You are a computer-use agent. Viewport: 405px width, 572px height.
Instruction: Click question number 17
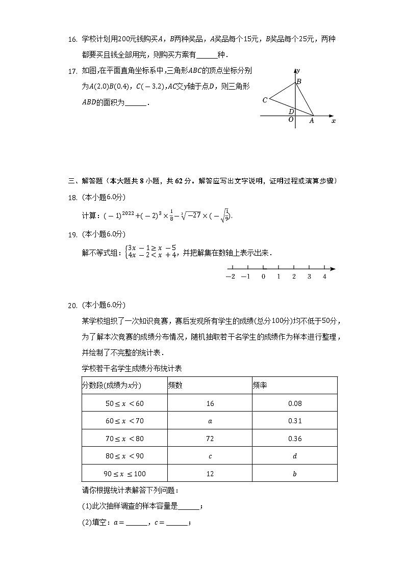pos(72,71)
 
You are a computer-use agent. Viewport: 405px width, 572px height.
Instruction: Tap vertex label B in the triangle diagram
pos(299,81)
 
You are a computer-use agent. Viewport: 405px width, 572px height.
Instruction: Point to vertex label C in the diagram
pos(265,100)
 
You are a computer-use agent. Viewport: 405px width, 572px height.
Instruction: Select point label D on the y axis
pos(291,112)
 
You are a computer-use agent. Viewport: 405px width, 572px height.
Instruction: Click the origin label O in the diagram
pos(291,120)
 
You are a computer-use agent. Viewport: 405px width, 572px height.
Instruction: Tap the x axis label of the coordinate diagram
pos(334,121)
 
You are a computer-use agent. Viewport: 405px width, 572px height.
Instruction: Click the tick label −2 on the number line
pos(230,277)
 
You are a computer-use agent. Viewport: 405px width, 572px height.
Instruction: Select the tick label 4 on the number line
pos(324,277)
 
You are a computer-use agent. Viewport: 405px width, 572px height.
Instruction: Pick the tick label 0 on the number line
pos(263,277)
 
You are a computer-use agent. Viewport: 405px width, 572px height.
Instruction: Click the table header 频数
pos(175,386)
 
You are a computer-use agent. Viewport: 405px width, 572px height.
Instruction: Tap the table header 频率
pos(260,386)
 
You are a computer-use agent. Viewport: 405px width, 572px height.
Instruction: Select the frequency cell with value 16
pos(210,403)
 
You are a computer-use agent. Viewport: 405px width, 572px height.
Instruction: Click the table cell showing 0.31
pos(295,421)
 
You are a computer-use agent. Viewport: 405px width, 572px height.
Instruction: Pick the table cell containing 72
pos(210,439)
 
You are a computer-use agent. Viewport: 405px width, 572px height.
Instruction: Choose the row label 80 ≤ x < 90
pos(124,456)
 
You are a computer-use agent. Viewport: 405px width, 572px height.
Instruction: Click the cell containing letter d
pos(295,456)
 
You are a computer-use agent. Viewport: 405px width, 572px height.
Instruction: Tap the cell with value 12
pos(210,474)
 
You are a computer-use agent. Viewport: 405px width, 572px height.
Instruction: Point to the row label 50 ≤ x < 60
pos(124,403)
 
